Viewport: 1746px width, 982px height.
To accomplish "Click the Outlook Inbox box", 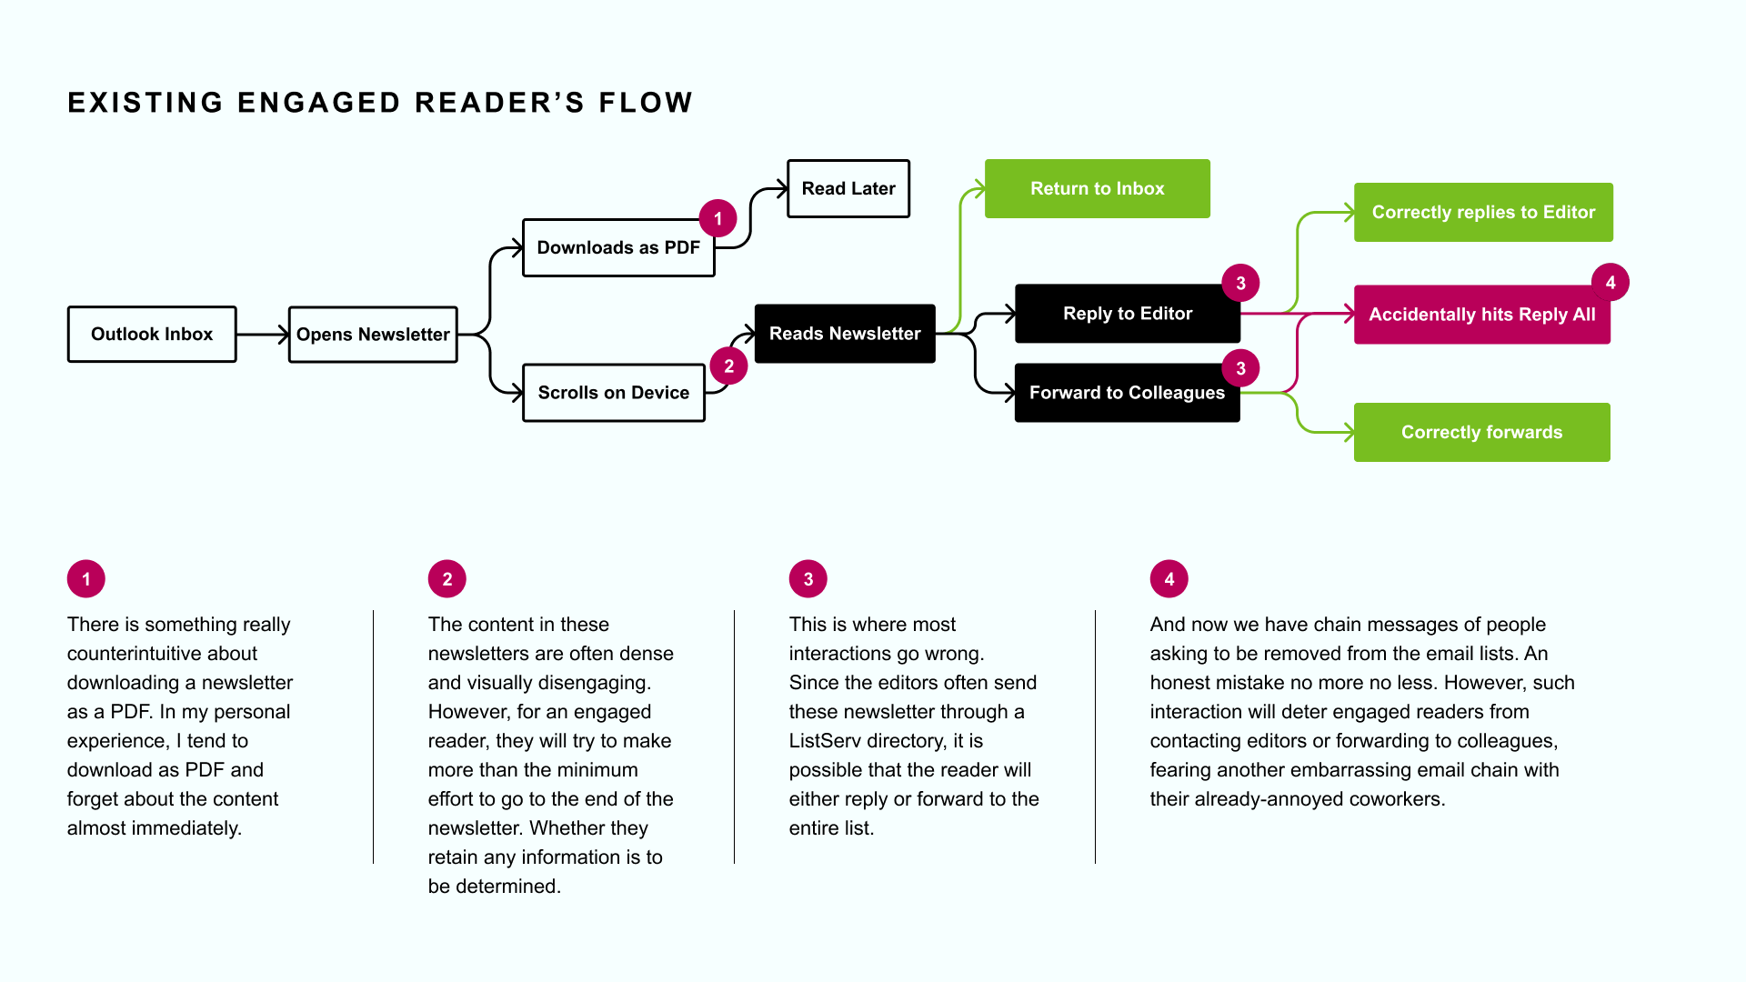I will (x=152, y=335).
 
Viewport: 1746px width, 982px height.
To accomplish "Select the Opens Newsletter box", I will (x=373, y=335).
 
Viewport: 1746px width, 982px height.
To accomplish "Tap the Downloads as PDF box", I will (x=618, y=248).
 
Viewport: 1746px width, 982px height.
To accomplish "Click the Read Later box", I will (x=848, y=189).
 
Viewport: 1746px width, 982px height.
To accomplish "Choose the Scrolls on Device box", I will (x=614, y=393).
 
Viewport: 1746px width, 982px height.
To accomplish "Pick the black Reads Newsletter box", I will (x=845, y=334).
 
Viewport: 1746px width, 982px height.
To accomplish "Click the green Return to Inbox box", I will (x=1097, y=189).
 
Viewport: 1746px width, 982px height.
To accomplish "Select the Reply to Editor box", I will (x=1128, y=314).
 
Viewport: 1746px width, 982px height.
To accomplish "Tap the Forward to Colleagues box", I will (x=1127, y=393).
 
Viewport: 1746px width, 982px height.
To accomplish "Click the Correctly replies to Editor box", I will (x=1483, y=213).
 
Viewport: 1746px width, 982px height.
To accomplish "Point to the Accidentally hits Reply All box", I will (x=1481, y=315).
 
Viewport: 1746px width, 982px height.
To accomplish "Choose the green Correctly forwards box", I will (x=1481, y=433).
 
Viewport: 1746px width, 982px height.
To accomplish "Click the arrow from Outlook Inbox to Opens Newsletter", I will (x=263, y=335).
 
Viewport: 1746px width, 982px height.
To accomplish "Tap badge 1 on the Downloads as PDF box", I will (x=718, y=218).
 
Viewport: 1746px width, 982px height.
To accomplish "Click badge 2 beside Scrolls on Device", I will (x=728, y=366).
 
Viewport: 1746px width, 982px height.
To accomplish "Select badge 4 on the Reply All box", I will (x=1611, y=283).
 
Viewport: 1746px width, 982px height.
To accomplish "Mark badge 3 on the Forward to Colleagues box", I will (x=1240, y=368).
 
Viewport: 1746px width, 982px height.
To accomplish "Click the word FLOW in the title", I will (x=646, y=103).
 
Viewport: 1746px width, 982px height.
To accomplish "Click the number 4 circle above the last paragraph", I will (x=1169, y=579).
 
